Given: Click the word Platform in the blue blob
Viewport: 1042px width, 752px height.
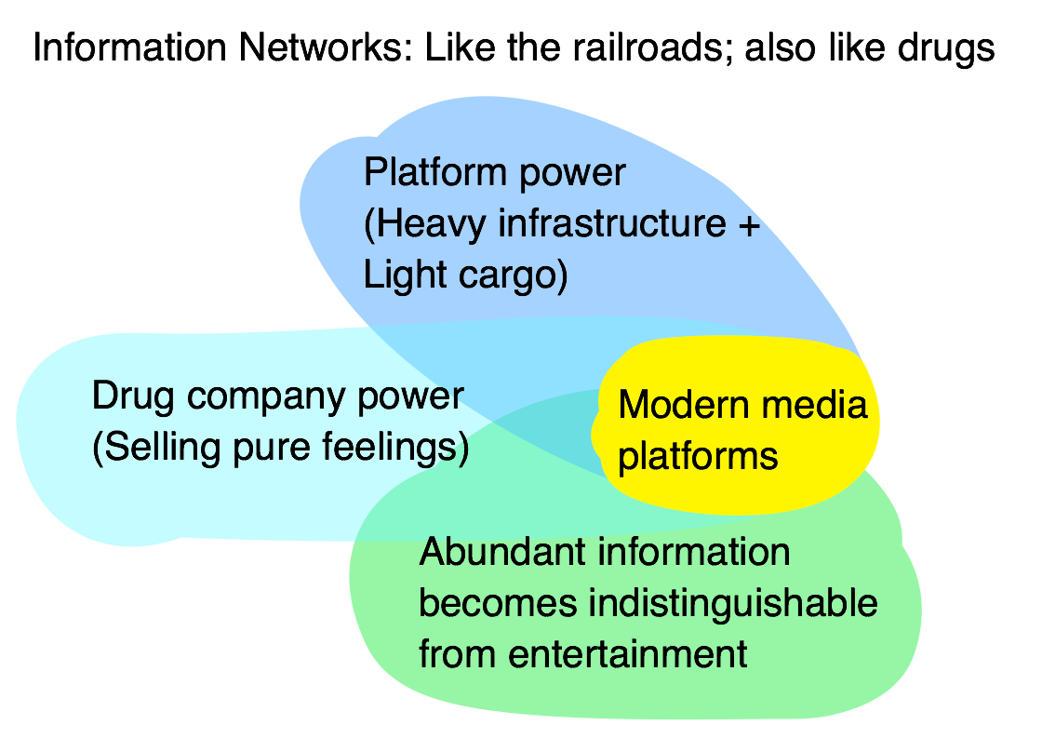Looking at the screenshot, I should coord(429,173).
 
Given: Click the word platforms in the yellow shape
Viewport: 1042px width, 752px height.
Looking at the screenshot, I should coord(697,457).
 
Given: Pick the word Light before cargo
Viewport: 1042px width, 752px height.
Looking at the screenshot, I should coord(401,275).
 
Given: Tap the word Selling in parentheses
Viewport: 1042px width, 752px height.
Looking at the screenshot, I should coord(157,449).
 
